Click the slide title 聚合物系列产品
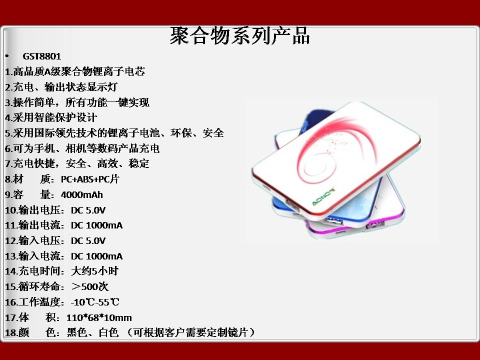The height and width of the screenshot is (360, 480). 239,36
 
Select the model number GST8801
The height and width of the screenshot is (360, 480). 42,56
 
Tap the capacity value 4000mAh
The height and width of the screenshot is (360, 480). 81,194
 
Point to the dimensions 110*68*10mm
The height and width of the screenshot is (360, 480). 99,317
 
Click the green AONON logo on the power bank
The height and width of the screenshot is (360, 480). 323,197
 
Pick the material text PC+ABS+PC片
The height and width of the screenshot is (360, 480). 89,179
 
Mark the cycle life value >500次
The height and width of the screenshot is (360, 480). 89,286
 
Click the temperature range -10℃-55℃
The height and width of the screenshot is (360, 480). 95,302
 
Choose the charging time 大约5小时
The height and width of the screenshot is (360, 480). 94,271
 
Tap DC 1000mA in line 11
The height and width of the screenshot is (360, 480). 96,225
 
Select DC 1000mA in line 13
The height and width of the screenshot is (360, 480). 96,256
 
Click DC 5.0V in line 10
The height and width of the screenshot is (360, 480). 88,210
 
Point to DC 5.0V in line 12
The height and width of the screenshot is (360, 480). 88,241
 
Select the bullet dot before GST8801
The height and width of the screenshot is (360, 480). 6,56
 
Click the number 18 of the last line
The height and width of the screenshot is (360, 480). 10,333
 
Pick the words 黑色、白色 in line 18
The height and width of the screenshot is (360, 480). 92,332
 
